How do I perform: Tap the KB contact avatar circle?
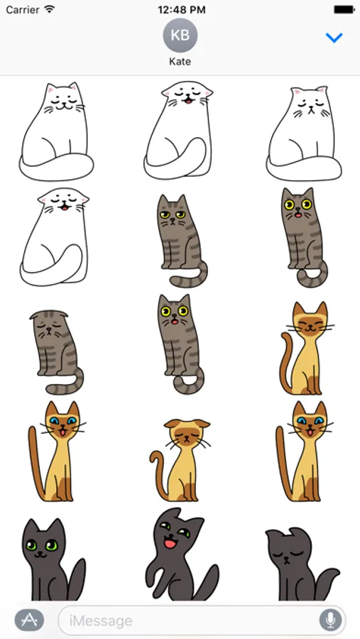(x=180, y=35)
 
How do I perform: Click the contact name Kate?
(x=180, y=62)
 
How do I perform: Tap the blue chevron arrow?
(x=334, y=38)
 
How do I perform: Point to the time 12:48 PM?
(x=182, y=10)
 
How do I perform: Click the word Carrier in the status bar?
(x=23, y=10)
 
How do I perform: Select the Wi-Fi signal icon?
(x=50, y=9)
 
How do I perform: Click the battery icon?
(x=344, y=10)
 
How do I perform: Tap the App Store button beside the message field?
(x=29, y=620)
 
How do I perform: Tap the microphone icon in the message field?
(x=331, y=621)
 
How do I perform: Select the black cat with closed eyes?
(x=301, y=564)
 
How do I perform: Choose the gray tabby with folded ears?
(x=57, y=352)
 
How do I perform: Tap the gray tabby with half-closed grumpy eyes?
(x=182, y=241)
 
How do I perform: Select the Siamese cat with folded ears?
(x=180, y=459)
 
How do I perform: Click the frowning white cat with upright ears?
(x=304, y=133)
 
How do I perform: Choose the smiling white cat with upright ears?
(x=56, y=131)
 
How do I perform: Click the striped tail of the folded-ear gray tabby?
(x=65, y=385)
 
